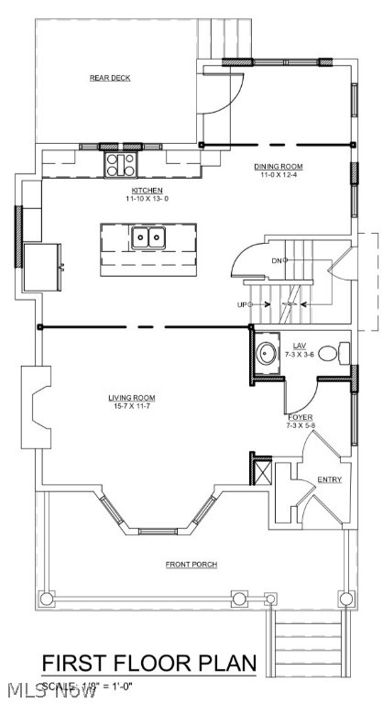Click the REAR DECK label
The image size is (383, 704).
(x=110, y=79)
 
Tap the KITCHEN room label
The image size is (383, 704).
(x=146, y=190)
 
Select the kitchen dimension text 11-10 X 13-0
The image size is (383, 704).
(x=147, y=199)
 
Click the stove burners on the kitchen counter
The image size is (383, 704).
(x=121, y=164)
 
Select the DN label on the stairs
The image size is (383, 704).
(x=276, y=260)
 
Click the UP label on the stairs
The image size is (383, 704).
(x=243, y=303)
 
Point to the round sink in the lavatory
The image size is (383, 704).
(x=268, y=351)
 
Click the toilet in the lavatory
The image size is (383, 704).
(x=345, y=352)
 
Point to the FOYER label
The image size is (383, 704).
(x=300, y=417)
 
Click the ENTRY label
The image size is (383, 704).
(x=329, y=479)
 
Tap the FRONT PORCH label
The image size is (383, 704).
(x=191, y=565)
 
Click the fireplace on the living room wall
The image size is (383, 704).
(x=38, y=406)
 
